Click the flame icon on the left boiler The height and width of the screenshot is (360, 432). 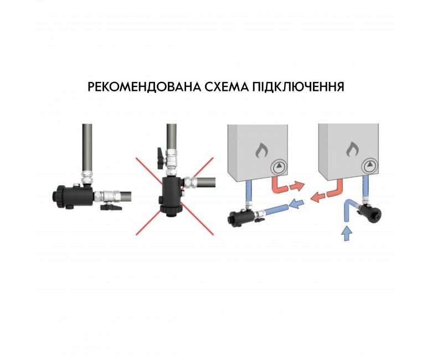click(261, 151)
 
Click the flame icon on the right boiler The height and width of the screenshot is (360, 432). click(352, 150)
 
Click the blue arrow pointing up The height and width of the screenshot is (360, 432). click(347, 233)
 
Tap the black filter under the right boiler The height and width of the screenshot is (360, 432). click(370, 212)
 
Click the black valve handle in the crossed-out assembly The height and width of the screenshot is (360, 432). click(161, 158)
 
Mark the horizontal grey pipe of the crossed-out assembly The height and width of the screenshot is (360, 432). click(205, 182)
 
